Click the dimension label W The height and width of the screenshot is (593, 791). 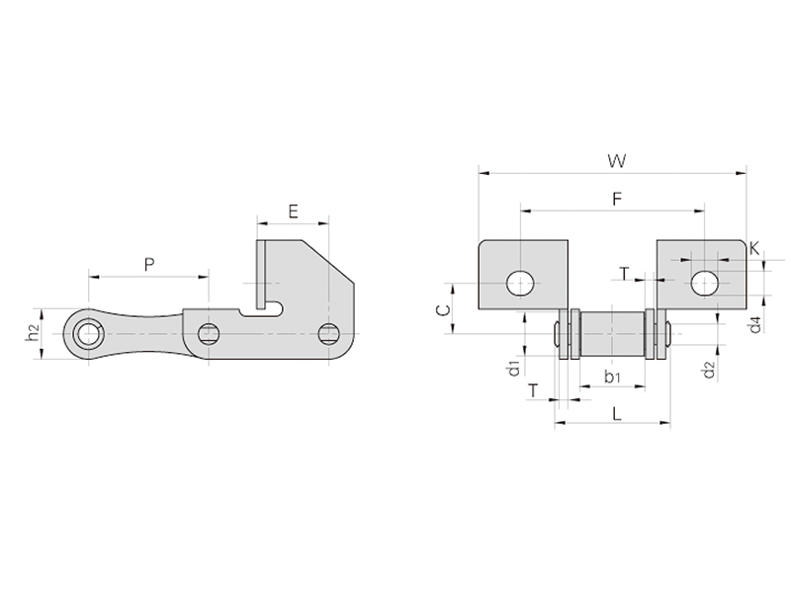[616, 161]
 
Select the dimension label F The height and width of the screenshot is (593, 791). [616, 200]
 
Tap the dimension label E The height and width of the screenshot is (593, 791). [293, 212]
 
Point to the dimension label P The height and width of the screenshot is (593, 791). [149, 264]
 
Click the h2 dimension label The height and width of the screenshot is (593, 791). [32, 332]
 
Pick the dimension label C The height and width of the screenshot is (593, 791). [442, 309]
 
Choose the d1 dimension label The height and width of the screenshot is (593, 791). [514, 368]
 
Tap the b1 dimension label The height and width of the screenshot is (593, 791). [612, 376]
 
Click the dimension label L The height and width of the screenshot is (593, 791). [616, 414]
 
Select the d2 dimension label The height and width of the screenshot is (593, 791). [709, 370]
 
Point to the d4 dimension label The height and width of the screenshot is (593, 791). [755, 325]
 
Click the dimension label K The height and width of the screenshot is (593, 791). [754, 248]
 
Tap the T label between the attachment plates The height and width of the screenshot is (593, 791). [625, 274]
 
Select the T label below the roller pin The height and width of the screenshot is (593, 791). [533, 389]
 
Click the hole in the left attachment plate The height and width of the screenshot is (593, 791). [521, 284]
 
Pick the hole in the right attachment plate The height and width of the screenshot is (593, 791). [705, 284]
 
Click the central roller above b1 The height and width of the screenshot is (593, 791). [612, 334]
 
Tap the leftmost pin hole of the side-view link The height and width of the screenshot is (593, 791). [89, 334]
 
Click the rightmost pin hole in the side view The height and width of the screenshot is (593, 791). [328, 334]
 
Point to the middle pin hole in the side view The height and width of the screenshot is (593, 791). [208, 334]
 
